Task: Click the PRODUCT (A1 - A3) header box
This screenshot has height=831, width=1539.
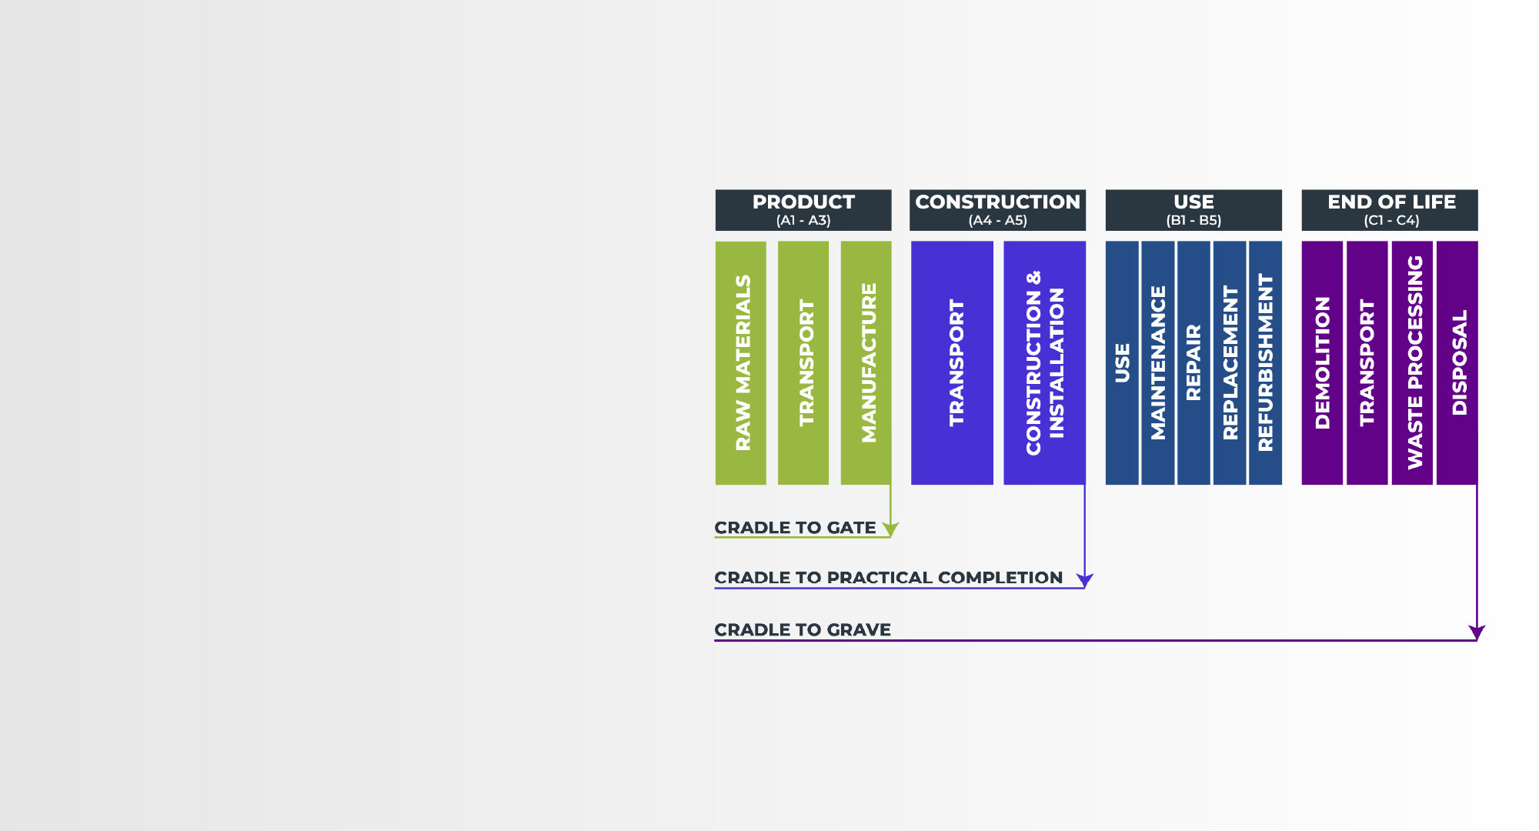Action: (x=803, y=210)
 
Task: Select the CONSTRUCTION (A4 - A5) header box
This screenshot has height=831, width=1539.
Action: (x=997, y=210)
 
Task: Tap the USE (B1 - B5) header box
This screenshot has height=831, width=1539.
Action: (x=1193, y=210)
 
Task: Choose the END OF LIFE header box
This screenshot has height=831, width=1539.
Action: (x=1390, y=210)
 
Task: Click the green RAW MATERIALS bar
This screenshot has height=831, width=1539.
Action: (x=741, y=362)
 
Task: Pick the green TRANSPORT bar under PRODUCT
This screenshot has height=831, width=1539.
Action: (x=803, y=362)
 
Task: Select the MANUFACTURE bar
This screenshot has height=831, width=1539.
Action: (x=866, y=362)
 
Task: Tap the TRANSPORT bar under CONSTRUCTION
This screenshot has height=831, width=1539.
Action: (x=953, y=362)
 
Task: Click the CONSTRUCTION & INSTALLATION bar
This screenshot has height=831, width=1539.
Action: (x=1045, y=362)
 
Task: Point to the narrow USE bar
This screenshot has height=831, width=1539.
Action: (x=1122, y=362)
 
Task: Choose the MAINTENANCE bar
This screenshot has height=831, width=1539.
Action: (x=1158, y=362)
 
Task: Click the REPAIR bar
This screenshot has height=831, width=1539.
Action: (x=1193, y=362)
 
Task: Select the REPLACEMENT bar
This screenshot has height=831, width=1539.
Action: (x=1230, y=362)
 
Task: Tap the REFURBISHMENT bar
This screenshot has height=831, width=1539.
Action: (x=1266, y=362)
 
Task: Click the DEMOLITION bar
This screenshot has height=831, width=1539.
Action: (x=1322, y=362)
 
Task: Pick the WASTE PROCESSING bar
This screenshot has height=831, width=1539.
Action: (x=1413, y=362)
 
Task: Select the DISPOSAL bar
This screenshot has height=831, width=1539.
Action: (x=1457, y=362)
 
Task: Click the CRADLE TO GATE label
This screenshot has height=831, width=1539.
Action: (x=795, y=528)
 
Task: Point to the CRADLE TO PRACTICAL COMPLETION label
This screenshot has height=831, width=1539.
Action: (x=889, y=578)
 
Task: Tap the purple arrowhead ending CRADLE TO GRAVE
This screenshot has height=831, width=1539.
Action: (x=1477, y=632)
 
